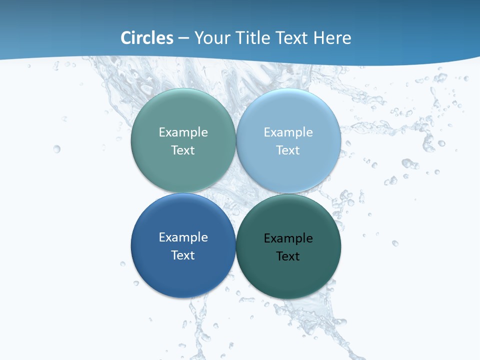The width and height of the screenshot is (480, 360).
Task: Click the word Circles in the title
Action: (x=147, y=38)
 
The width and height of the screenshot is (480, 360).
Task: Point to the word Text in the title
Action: (x=292, y=38)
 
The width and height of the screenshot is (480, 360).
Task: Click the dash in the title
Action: (x=183, y=38)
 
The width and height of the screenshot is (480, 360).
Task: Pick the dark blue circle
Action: (x=183, y=272)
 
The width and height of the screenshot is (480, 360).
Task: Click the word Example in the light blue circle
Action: (x=288, y=132)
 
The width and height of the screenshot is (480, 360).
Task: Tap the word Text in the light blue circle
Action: (x=288, y=150)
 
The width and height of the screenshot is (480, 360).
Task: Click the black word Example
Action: (x=288, y=238)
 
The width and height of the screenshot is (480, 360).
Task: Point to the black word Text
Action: (x=288, y=256)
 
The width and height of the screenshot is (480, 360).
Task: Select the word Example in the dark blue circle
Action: (x=183, y=237)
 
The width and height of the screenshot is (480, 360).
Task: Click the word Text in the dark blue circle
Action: (x=183, y=255)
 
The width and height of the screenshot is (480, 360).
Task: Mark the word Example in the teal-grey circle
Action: (x=183, y=132)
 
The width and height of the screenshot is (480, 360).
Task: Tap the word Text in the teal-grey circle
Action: (x=183, y=150)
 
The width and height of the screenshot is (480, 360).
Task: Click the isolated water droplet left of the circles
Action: (x=56, y=149)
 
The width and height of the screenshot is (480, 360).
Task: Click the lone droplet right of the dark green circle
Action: (x=395, y=243)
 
